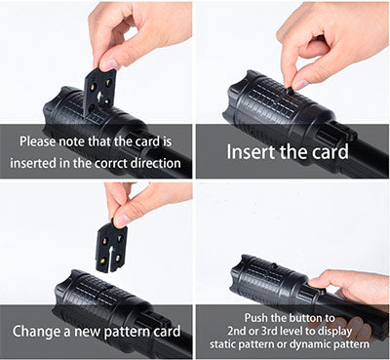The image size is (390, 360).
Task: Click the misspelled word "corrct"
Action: [110, 163]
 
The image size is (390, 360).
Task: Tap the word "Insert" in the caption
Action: [246, 152]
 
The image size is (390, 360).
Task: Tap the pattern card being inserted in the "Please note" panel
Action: [98, 93]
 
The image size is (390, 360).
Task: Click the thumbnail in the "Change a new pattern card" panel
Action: [122, 220]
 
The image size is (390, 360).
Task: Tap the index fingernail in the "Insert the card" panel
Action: [300, 84]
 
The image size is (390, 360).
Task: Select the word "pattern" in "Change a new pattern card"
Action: [128, 332]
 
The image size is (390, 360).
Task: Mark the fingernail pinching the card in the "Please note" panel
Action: [109, 64]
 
